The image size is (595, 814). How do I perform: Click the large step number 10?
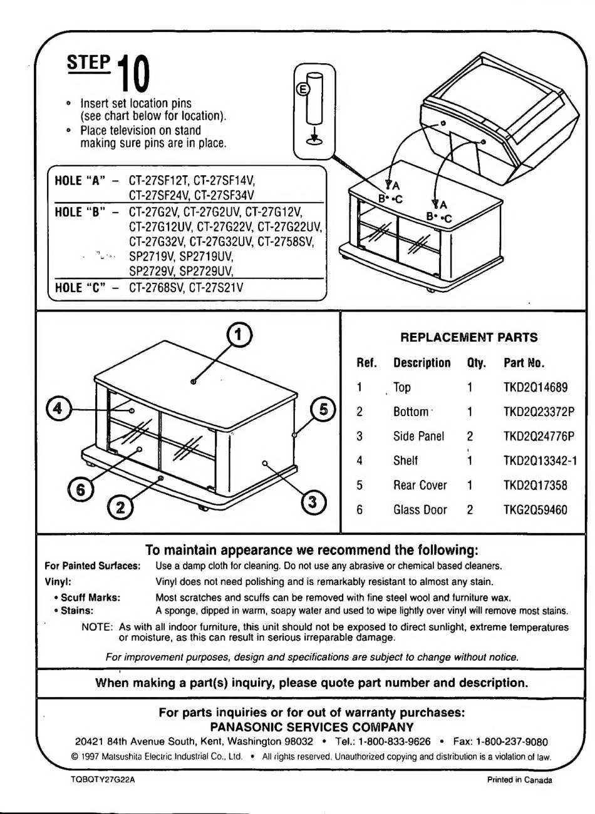(x=133, y=74)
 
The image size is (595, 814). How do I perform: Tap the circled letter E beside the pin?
(x=302, y=89)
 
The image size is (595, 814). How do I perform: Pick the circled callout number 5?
(x=323, y=410)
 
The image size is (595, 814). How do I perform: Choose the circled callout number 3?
(x=313, y=501)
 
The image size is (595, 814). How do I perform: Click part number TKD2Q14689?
(x=535, y=387)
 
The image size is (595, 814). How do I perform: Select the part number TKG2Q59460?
(x=535, y=510)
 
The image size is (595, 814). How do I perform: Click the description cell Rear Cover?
(x=420, y=486)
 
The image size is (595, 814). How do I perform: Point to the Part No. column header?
(x=524, y=363)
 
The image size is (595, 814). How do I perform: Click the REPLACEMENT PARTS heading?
(x=468, y=337)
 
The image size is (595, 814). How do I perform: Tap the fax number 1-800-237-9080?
(x=512, y=742)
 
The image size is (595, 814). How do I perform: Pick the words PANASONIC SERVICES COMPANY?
(x=311, y=727)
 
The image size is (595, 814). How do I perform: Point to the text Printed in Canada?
(x=519, y=780)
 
